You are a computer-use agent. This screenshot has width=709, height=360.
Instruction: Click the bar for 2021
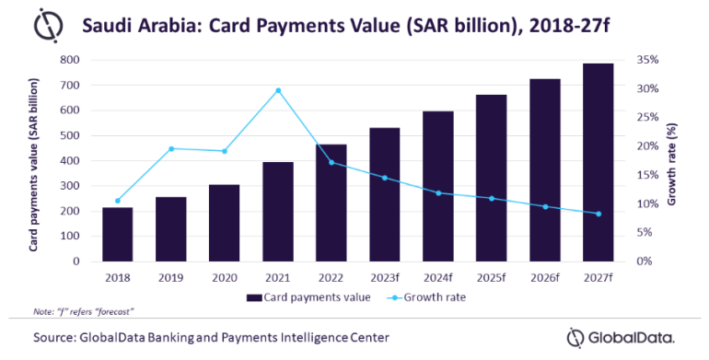[x=277, y=211]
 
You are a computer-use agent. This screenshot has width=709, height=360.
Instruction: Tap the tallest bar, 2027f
[x=598, y=162]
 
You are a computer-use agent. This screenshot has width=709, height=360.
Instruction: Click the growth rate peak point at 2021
[x=278, y=90]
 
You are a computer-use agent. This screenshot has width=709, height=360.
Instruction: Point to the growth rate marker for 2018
[x=118, y=201]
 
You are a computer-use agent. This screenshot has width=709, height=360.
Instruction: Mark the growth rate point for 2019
[x=171, y=148]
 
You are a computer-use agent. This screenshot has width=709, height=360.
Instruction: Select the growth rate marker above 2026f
[x=545, y=206]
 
